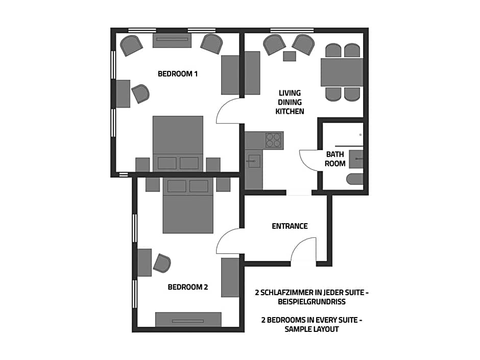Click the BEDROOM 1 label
click(178, 74)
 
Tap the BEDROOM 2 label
click(187, 287)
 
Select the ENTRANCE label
click(290, 226)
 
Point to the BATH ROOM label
click(335, 159)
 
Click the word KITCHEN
click(290, 111)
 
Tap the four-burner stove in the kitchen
click(273, 140)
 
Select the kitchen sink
click(253, 161)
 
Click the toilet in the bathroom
click(355, 179)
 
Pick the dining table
click(342, 72)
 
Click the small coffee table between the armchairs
click(290, 56)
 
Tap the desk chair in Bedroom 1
click(140, 93)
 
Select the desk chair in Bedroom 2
click(162, 263)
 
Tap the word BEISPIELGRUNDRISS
click(311, 302)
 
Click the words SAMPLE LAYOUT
click(311, 329)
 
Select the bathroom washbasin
click(356, 159)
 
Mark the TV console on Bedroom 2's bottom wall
click(188, 320)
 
